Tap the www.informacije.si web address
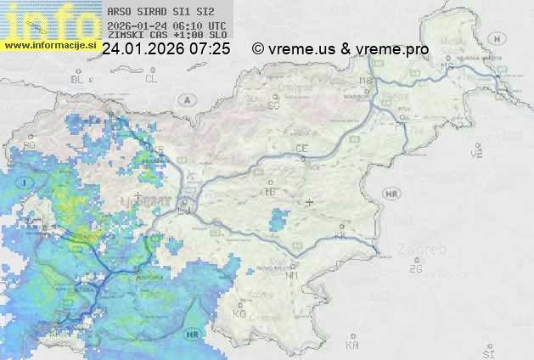[49, 45]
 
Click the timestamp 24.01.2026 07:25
[166, 49]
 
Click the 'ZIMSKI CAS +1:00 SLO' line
[161, 37]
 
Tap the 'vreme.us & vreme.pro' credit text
[348, 49]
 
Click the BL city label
[78, 79]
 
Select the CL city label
[151, 79]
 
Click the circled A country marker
[186, 99]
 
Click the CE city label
[301, 149]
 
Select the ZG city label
[415, 269]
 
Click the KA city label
[352, 346]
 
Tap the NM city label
[293, 276]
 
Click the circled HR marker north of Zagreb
[391, 194]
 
